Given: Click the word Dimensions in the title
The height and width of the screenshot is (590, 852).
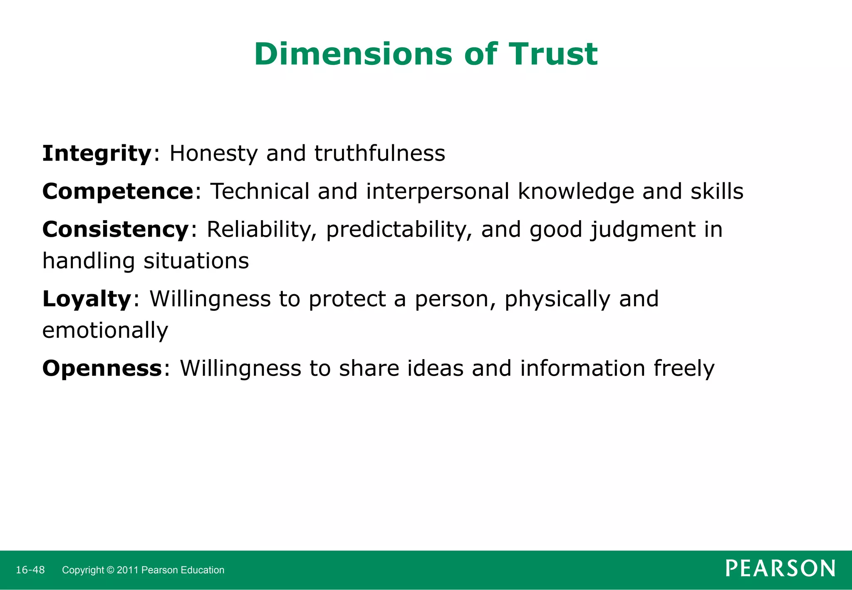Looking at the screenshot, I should click(x=353, y=55).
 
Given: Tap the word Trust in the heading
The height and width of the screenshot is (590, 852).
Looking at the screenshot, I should click(x=553, y=55).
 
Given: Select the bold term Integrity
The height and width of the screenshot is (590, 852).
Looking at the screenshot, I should click(x=97, y=154).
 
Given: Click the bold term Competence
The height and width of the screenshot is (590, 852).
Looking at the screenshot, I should click(x=118, y=191).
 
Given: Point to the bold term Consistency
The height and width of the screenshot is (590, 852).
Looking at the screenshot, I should click(x=116, y=230).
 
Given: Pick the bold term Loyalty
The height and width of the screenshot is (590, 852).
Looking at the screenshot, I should click(x=87, y=299).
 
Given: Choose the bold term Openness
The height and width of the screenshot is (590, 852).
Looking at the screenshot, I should click(x=102, y=368).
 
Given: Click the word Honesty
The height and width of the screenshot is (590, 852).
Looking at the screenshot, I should click(x=214, y=154).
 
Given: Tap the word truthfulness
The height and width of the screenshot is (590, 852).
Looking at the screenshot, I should click(x=379, y=153).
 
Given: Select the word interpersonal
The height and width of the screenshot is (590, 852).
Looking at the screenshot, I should click(x=438, y=192).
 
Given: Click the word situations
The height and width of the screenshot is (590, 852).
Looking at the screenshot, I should click(x=196, y=261).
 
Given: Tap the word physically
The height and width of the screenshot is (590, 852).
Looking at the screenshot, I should click(x=557, y=299).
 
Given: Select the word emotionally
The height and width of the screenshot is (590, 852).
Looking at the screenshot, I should click(x=105, y=331).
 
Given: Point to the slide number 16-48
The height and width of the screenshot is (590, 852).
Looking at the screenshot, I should click(x=30, y=570).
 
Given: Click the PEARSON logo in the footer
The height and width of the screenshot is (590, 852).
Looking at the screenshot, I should click(x=780, y=568).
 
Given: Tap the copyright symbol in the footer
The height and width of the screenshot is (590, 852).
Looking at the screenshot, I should click(x=110, y=570).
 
